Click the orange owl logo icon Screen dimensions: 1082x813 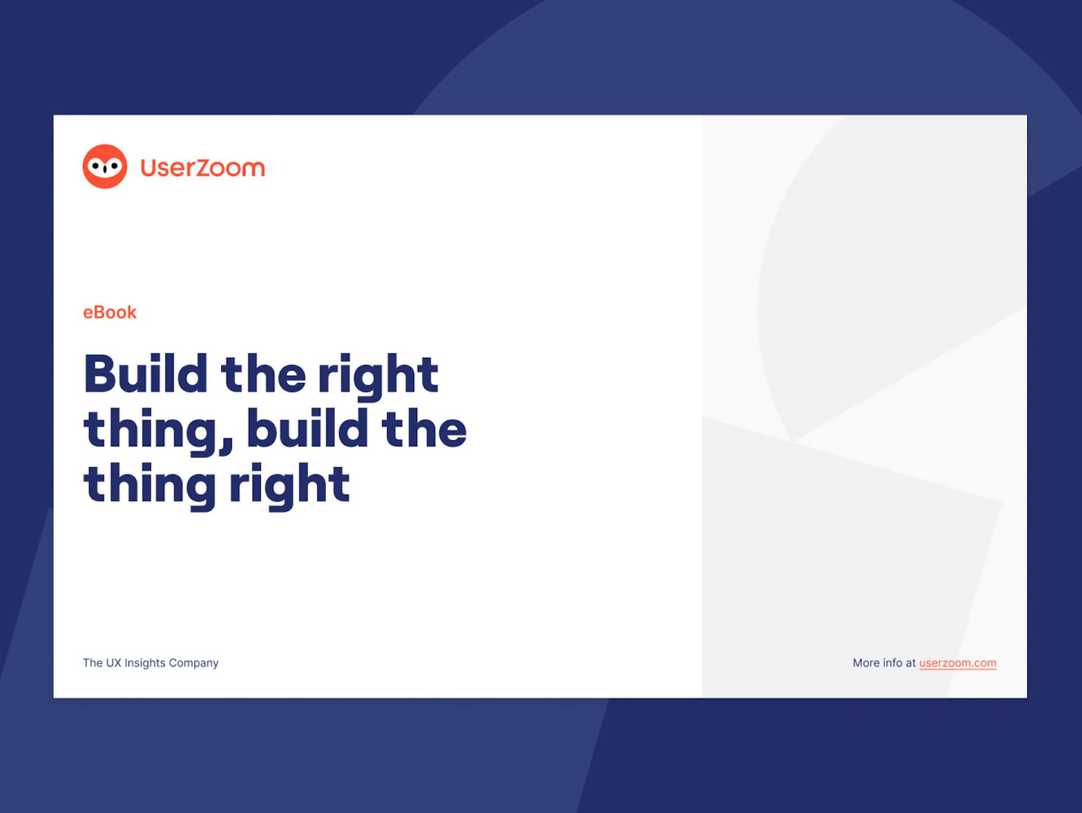click(x=105, y=167)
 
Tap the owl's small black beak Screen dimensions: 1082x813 click(x=105, y=170)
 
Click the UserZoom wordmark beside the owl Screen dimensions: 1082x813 click(x=203, y=168)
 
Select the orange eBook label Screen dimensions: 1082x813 click(x=110, y=313)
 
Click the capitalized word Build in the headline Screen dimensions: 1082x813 click(x=145, y=373)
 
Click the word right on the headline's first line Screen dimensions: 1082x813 click(x=378, y=375)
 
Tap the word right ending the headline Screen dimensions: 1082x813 click(x=289, y=485)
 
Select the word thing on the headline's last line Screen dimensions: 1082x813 click(x=150, y=485)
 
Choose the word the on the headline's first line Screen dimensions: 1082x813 click(x=263, y=373)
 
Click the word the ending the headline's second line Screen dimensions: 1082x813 click(x=424, y=428)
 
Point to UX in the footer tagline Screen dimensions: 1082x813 click(x=114, y=663)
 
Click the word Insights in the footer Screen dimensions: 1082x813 click(x=145, y=663)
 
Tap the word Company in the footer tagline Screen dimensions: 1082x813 click(x=194, y=663)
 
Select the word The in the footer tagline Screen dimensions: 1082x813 click(x=93, y=663)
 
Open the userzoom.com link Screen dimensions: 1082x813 click(x=958, y=663)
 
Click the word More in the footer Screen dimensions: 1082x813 click(x=866, y=663)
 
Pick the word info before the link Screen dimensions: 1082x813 click(x=893, y=663)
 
